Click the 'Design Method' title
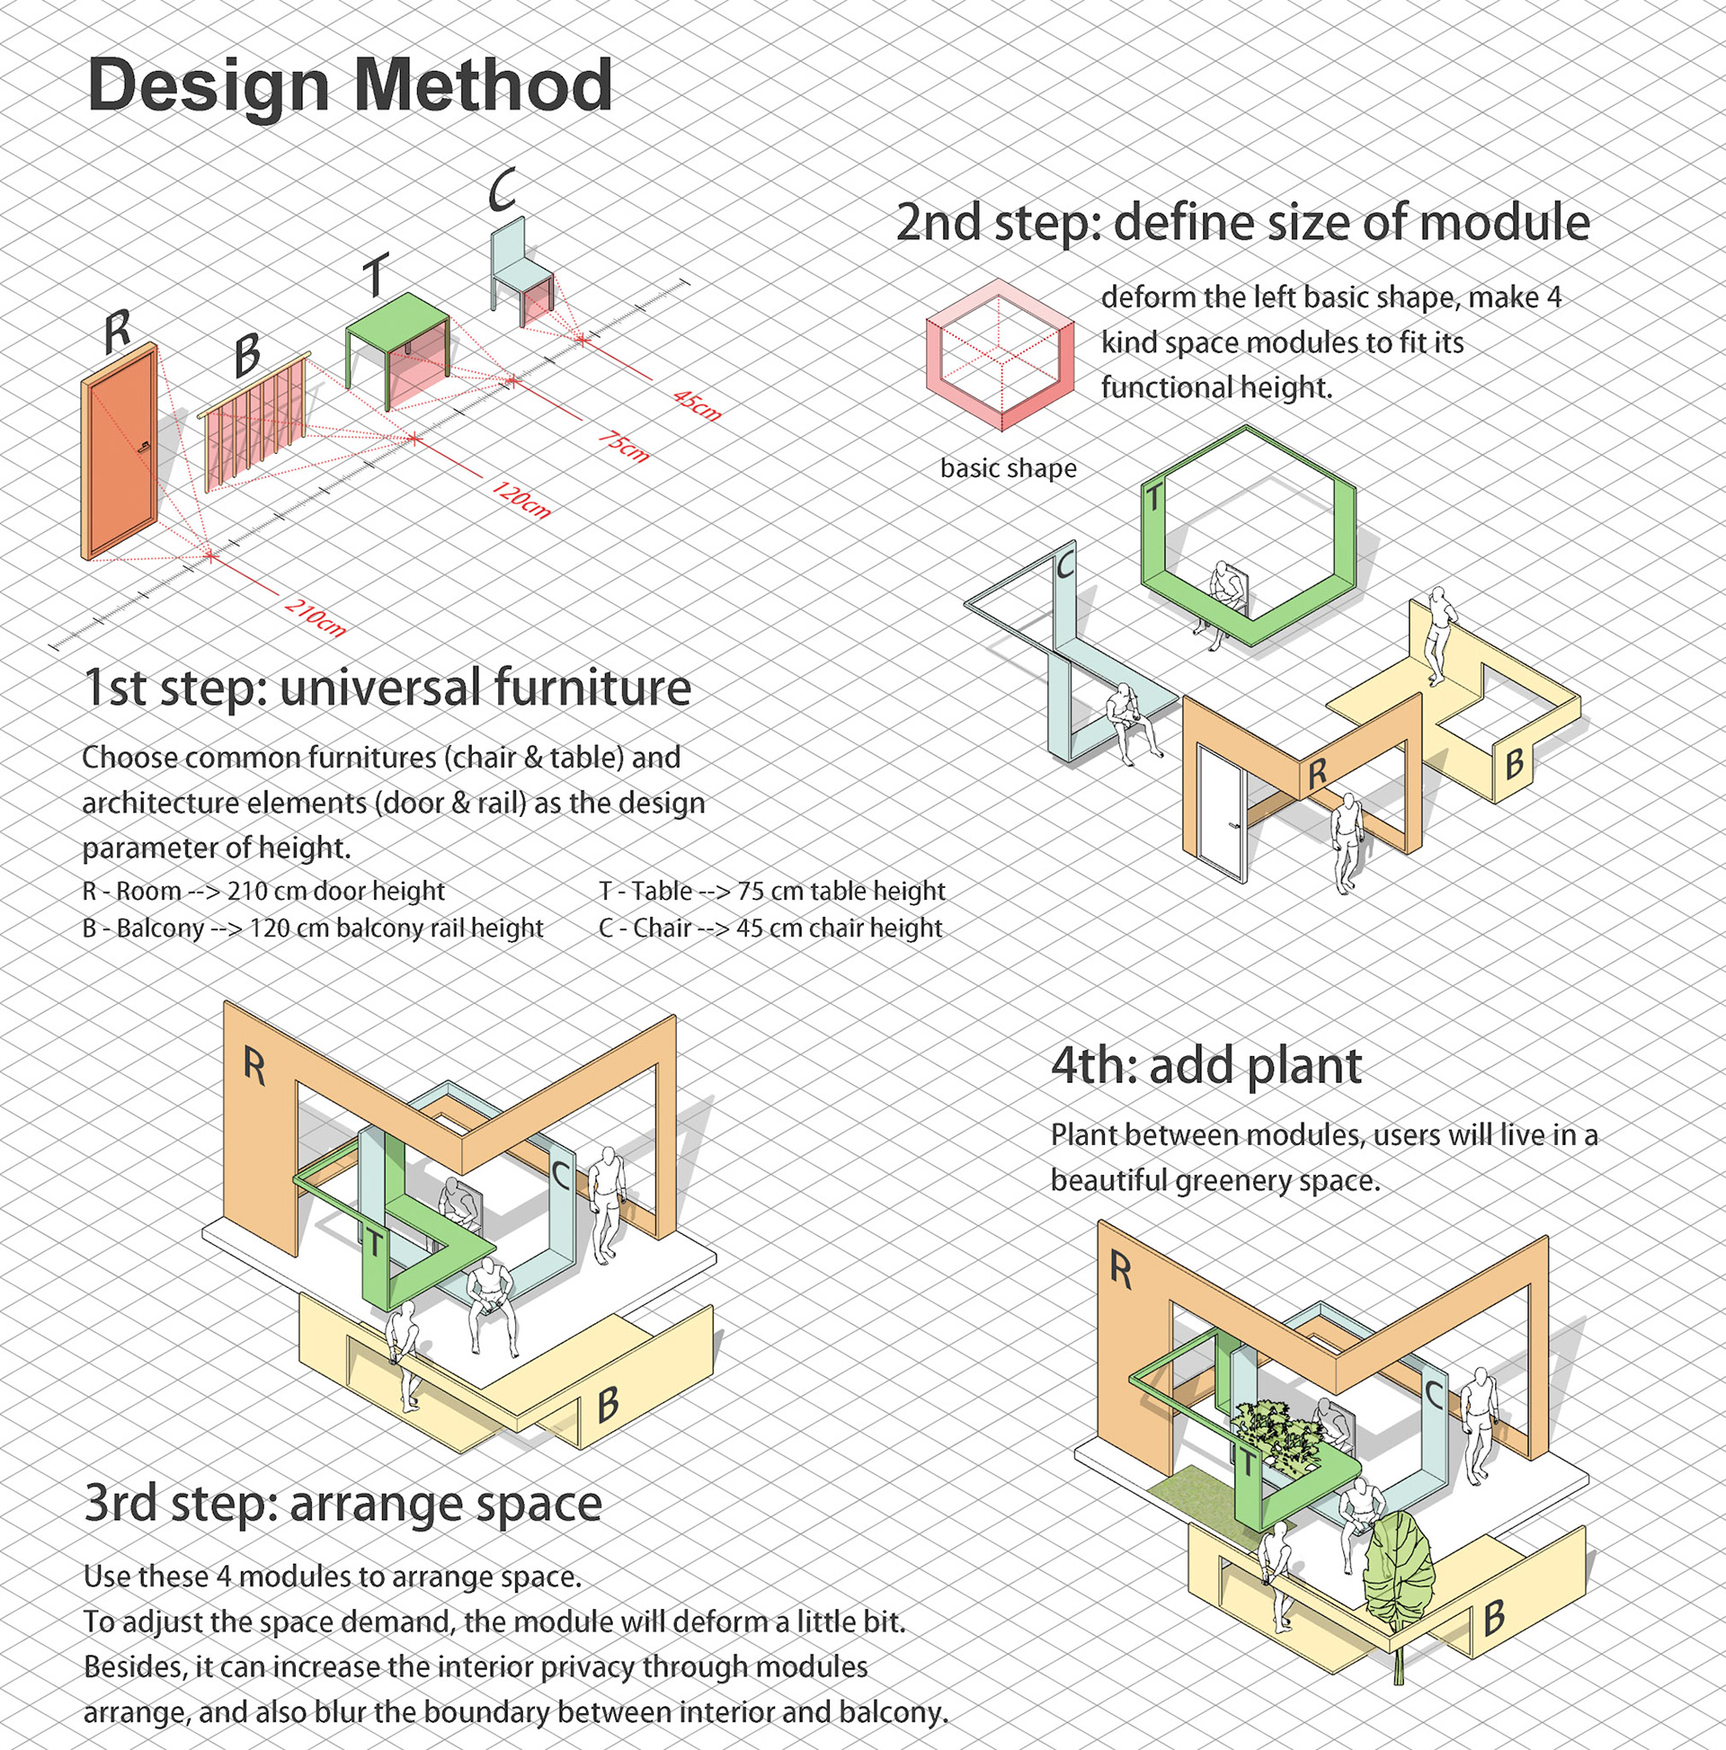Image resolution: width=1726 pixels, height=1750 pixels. [350, 85]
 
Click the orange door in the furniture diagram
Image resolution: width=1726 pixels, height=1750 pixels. [120, 450]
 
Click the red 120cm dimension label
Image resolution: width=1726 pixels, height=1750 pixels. [521, 500]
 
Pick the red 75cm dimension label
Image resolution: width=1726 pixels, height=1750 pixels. [623, 445]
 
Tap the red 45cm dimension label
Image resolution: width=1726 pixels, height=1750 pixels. [697, 404]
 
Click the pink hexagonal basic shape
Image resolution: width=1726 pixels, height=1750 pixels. [1000, 354]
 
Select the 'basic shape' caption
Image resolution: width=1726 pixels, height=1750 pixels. [1008, 468]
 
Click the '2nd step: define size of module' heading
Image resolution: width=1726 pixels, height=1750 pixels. [1242, 223]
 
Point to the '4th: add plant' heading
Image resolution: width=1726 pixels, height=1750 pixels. [1206, 1065]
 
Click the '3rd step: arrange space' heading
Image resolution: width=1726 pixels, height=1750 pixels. [343, 1504]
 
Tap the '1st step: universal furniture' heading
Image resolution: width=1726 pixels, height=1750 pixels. [387, 688]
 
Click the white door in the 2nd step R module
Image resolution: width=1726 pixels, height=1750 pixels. [1221, 813]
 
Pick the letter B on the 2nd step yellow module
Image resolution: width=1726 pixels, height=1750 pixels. [1513, 764]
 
